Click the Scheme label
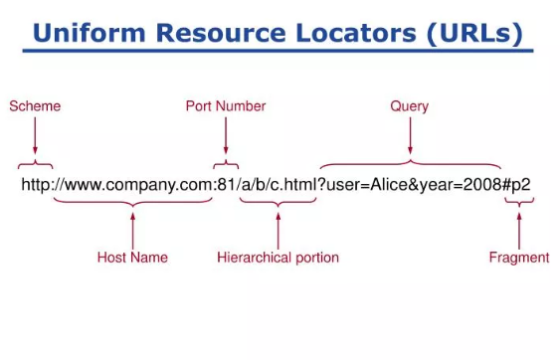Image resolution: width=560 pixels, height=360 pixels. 35,105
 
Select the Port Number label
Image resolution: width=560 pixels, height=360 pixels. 226,105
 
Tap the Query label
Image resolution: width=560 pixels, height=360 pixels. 409,105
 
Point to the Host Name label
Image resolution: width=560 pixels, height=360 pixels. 132,258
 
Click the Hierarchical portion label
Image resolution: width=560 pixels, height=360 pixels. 278,258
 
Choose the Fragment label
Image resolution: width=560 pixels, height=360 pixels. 518,258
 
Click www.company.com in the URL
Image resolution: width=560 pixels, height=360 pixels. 132,185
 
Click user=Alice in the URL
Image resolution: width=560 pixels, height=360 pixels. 360,185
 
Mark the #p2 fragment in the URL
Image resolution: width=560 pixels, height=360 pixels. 519,185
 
